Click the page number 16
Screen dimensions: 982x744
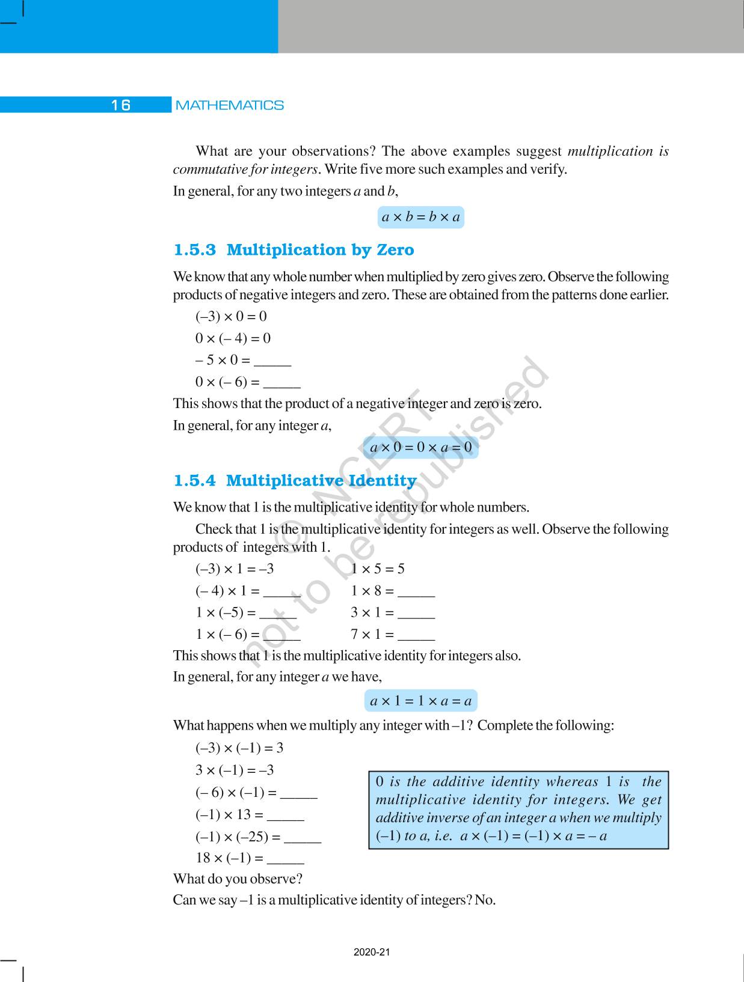[x=120, y=105]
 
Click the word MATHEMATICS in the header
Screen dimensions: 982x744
[x=229, y=105]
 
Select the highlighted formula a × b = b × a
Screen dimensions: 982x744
[x=421, y=217]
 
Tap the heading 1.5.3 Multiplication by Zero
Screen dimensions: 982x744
[x=294, y=249]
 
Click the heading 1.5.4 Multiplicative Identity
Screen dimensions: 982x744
[x=295, y=480]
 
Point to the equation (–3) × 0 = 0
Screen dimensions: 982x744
[x=231, y=316]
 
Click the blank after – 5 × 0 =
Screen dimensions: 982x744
[x=272, y=362]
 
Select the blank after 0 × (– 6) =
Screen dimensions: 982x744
[x=282, y=383]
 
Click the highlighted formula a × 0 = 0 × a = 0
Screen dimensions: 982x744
[x=421, y=447]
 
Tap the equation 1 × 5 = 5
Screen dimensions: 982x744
[x=378, y=569]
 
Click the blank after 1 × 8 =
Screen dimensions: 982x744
[x=416, y=593]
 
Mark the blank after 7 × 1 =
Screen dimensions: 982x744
[x=416, y=636]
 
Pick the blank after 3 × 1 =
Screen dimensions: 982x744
[x=416, y=614]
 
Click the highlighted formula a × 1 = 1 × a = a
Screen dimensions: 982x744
[x=421, y=701]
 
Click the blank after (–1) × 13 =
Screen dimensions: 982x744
[x=286, y=816]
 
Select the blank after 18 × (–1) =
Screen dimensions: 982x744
[x=286, y=859]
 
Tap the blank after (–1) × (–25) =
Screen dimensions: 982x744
[x=303, y=838]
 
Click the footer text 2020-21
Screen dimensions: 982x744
[x=372, y=952]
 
